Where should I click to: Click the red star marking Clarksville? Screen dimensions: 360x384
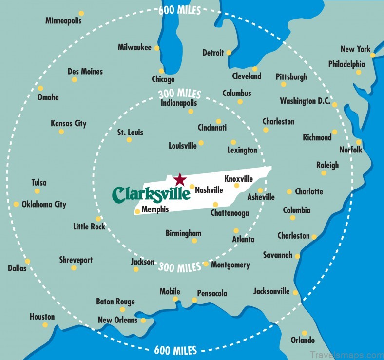point(180,179)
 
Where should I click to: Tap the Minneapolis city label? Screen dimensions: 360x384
point(63,21)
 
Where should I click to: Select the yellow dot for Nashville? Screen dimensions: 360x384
point(192,187)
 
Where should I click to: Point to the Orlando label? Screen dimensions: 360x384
point(302,340)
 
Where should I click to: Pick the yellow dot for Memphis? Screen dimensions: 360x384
point(137,211)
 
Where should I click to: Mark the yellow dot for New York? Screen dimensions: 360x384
point(372,56)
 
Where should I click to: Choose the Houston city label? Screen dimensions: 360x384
point(42,317)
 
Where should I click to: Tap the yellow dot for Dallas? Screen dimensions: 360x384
point(27,261)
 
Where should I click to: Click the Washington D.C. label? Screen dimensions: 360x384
point(305,101)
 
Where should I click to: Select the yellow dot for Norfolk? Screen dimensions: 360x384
point(359,142)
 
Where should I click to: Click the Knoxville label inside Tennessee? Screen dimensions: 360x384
point(238,178)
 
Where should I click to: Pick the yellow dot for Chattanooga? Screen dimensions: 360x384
point(215,205)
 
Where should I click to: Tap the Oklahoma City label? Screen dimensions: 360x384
point(44,205)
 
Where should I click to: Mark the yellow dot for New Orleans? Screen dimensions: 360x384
point(143,321)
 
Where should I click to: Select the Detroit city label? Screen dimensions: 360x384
point(213,53)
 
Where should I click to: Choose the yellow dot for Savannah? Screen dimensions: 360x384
point(297,256)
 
